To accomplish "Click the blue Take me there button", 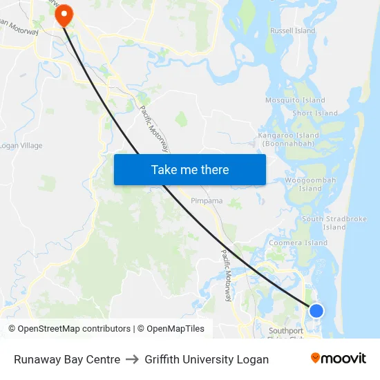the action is coord(190,169).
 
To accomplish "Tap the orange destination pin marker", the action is coord(64,15).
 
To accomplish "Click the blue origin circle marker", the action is coord(316,310).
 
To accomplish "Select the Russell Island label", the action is coord(292,31).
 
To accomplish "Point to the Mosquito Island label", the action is coord(295,100).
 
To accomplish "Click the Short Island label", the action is coord(315,113).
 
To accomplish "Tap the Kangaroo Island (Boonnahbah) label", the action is coord(288,140).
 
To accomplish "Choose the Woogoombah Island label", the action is coord(310,184).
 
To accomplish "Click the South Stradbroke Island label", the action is coord(334,222).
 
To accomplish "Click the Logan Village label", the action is coord(21,146).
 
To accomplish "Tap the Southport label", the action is coord(286,330).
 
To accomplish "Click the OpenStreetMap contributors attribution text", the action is coord(70,329).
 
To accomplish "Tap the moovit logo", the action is coord(338,359).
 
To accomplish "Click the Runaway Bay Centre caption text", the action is coord(67,359).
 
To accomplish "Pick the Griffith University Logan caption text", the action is coord(207,359).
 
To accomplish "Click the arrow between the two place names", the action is coord(132,359).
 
